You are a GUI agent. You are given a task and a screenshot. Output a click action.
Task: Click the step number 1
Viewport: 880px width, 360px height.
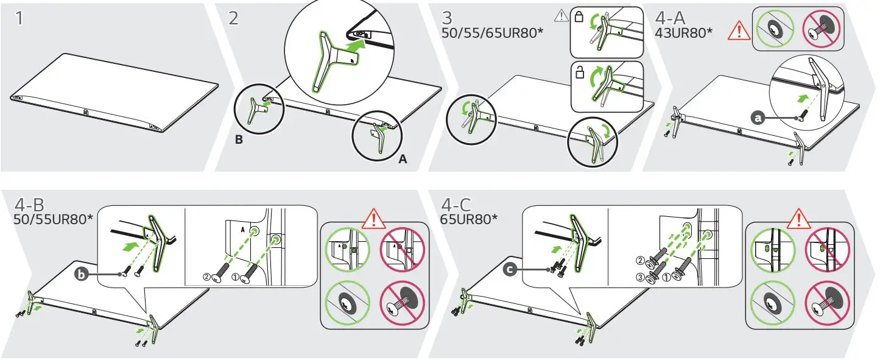(19, 18)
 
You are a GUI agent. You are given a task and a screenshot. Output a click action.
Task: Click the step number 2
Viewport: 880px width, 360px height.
(233, 18)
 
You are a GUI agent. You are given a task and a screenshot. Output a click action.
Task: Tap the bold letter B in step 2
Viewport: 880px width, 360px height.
(239, 139)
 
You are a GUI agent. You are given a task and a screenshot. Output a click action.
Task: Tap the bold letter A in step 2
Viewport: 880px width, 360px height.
(403, 159)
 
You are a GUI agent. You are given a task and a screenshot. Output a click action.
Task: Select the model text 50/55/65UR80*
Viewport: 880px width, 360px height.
(492, 33)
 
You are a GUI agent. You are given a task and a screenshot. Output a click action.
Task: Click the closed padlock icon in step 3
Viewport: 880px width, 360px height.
(579, 17)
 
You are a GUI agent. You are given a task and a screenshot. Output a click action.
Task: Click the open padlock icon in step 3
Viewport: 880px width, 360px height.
(580, 72)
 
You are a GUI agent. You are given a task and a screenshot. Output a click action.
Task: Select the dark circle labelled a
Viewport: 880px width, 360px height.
(758, 118)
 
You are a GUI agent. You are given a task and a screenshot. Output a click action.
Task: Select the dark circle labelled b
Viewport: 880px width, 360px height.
(82, 274)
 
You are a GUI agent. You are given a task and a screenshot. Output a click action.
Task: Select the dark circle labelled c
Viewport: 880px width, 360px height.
(510, 269)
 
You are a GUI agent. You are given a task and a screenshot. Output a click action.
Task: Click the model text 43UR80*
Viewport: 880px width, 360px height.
(683, 33)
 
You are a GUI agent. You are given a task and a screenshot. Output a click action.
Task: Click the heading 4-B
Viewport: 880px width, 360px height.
(29, 205)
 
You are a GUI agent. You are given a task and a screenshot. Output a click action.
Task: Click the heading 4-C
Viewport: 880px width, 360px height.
(456, 205)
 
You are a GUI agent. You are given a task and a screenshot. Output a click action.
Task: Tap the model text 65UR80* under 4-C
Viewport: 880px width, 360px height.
(469, 219)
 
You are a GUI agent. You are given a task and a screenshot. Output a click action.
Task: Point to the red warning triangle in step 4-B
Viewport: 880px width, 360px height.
(373, 219)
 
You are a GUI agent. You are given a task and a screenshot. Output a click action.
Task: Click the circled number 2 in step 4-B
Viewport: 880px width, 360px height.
(206, 277)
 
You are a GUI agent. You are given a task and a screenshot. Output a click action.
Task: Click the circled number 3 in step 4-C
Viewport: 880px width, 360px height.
(640, 278)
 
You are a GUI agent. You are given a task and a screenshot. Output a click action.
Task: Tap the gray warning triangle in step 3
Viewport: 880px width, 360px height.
(561, 16)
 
